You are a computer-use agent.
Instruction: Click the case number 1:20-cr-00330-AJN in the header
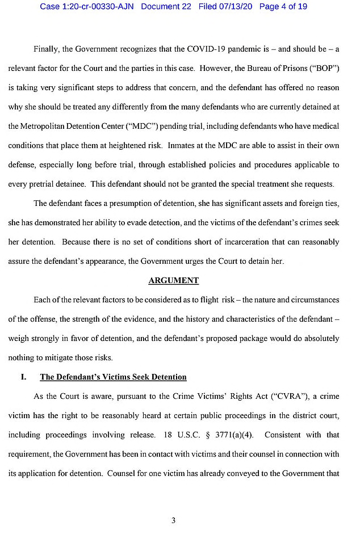[87, 6]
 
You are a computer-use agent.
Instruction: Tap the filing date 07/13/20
[234, 6]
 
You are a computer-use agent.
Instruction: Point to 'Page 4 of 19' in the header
[283, 6]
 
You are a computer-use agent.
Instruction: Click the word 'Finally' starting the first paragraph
[45, 49]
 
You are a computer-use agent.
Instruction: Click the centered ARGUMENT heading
[174, 280]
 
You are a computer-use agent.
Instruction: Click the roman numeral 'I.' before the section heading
[24, 377]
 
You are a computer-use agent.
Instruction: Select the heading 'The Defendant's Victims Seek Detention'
[113, 377]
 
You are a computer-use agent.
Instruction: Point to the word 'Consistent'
[285, 435]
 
